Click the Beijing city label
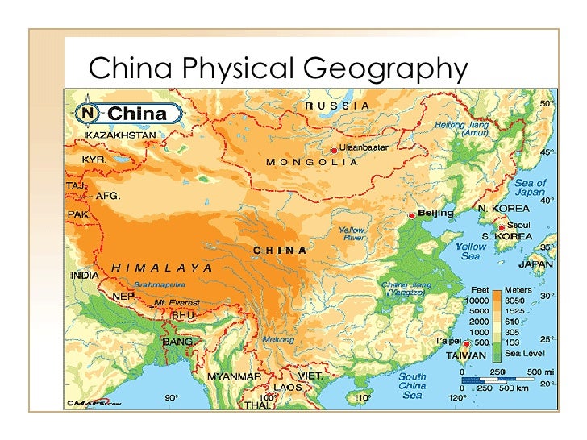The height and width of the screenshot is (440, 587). (x=435, y=213)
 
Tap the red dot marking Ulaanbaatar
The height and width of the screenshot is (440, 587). (x=334, y=150)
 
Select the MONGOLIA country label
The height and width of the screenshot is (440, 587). (x=312, y=162)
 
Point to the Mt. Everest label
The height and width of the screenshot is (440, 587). (x=177, y=303)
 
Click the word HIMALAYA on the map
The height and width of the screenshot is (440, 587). (x=162, y=267)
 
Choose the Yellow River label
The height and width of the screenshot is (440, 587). (x=352, y=234)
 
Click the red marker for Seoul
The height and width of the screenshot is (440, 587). (x=502, y=227)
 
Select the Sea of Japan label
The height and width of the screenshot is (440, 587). (x=530, y=188)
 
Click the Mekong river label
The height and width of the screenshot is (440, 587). (x=278, y=340)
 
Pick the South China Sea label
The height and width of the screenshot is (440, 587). (x=412, y=385)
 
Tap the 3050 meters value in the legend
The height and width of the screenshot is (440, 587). (x=517, y=299)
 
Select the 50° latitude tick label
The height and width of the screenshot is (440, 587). (x=546, y=104)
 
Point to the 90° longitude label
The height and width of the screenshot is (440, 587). (x=171, y=397)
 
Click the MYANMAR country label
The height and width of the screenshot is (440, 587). (x=234, y=376)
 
